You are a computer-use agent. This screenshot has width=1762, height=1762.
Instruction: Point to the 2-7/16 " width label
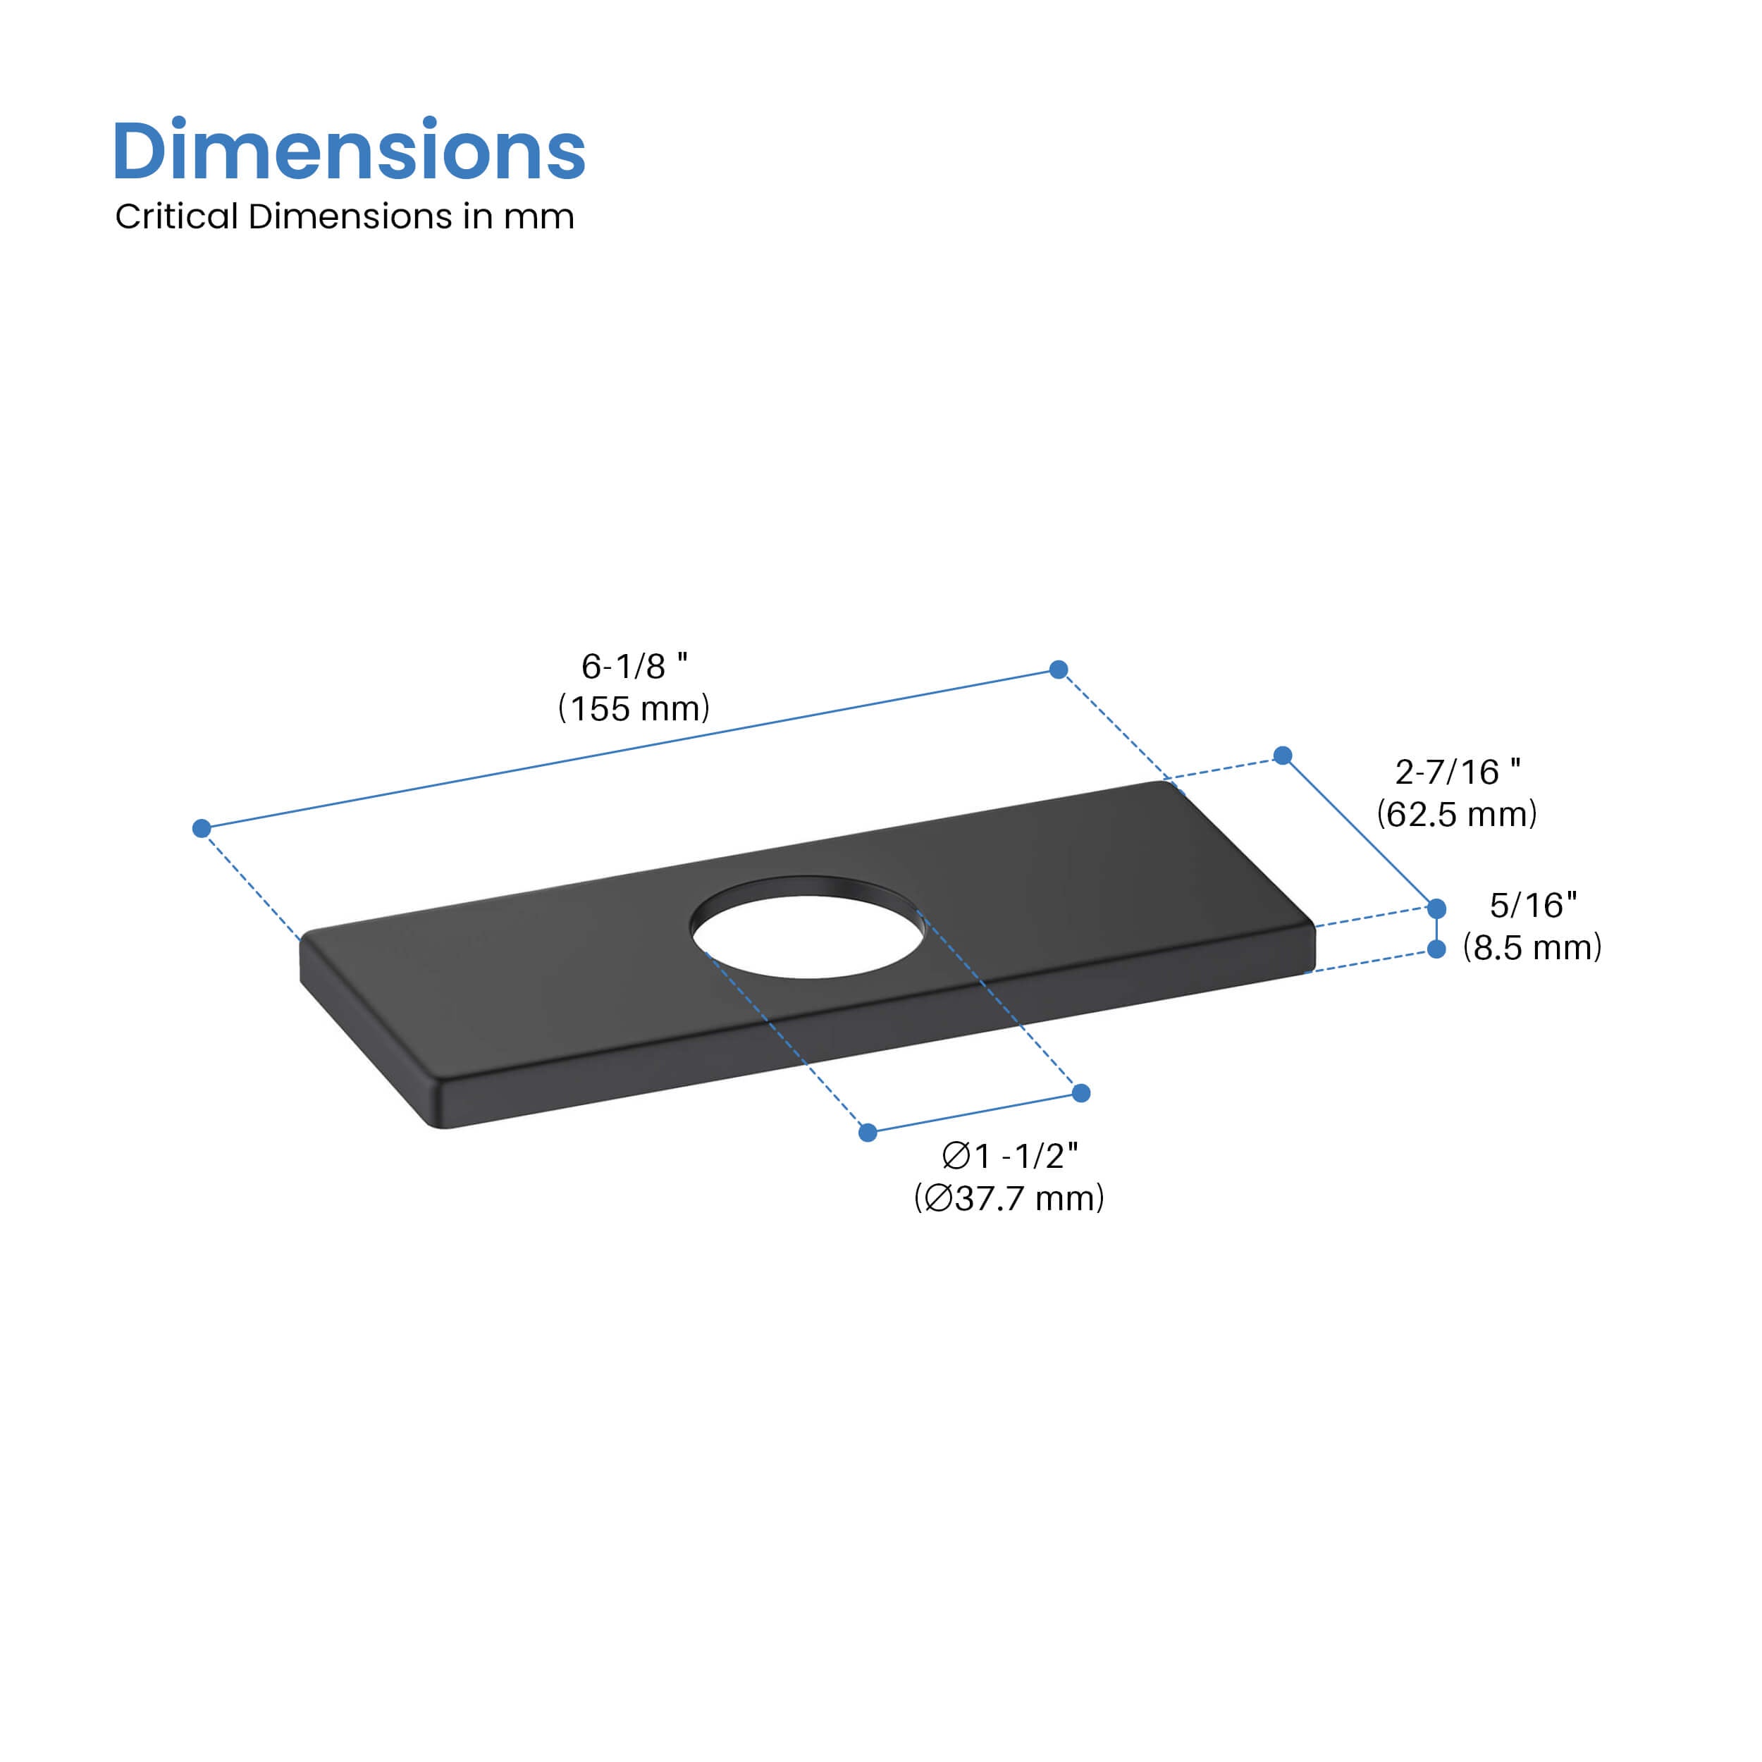click(1458, 772)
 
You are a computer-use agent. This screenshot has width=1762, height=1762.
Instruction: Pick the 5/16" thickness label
click(1533, 906)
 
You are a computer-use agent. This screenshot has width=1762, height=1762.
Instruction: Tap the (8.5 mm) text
click(1532, 947)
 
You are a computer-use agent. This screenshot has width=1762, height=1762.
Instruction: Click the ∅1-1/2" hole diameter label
click(1009, 1157)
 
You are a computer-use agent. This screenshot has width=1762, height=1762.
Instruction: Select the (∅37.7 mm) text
click(1009, 1198)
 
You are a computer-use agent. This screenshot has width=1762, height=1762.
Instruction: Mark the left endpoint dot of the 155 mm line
click(202, 828)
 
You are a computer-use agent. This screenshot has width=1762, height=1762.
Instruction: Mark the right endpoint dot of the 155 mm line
click(1059, 670)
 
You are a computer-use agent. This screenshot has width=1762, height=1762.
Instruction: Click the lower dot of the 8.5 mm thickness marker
click(1436, 949)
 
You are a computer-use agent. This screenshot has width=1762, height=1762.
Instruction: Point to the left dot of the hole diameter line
click(868, 1133)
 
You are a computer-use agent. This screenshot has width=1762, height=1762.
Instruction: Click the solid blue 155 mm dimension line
click(629, 748)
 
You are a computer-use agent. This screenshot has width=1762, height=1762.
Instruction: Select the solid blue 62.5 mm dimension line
click(1359, 831)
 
